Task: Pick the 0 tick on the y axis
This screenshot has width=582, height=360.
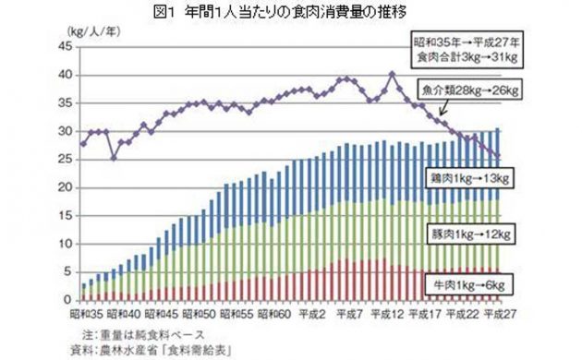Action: [67, 300]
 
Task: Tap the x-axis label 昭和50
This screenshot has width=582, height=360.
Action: [204, 314]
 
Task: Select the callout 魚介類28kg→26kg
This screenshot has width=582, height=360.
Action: [470, 91]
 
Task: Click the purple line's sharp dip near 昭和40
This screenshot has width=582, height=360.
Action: [114, 157]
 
